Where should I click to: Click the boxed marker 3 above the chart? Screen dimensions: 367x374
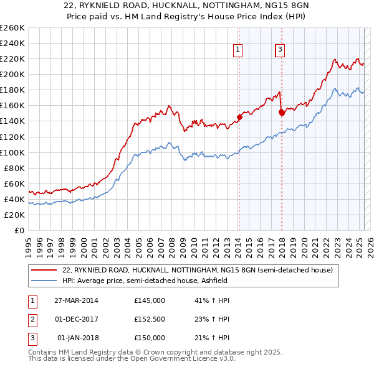pyautogui.click(x=280, y=50)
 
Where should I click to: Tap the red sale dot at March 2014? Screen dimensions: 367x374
pyautogui.click(x=239, y=117)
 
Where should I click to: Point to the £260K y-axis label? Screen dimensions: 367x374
pyautogui.click(x=12, y=28)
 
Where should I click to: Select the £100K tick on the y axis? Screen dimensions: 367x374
pyautogui.click(x=12, y=152)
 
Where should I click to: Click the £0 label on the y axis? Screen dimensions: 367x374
pyautogui.click(x=19, y=230)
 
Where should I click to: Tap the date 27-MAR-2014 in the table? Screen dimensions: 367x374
pyautogui.click(x=76, y=300)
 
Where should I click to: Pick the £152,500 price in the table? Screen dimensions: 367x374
pyautogui.click(x=150, y=319)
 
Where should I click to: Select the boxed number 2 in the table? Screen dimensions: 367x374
pyautogui.click(x=32, y=319)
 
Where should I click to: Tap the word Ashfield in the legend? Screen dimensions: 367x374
pyautogui.click(x=221, y=281)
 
